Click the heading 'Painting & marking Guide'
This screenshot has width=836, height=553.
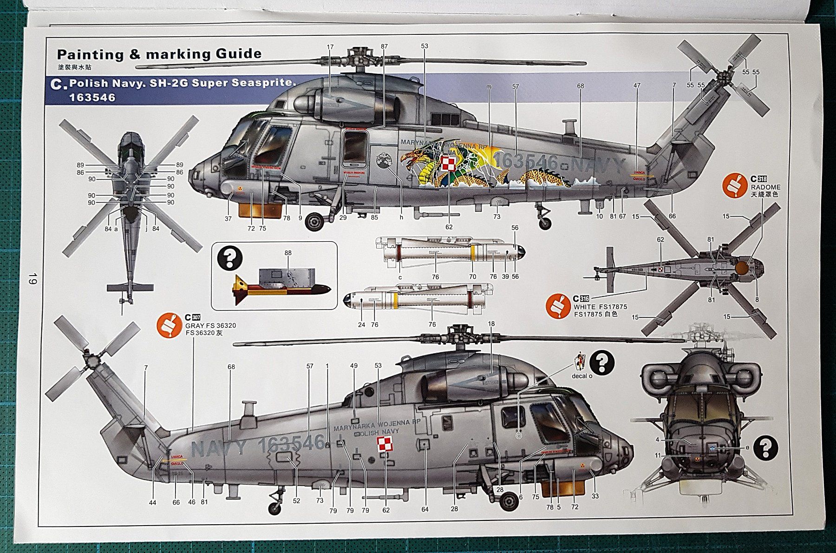tap(159, 54)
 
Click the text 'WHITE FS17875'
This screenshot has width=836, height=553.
tap(600, 307)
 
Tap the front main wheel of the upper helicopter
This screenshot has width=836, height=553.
tap(315, 221)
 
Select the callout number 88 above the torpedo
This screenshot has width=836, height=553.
tap(288, 253)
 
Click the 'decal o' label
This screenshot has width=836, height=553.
tap(581, 376)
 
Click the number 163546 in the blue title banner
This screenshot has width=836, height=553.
tap(92, 98)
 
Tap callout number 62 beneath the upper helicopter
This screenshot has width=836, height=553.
tap(449, 227)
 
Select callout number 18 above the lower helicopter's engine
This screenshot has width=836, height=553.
tap(491, 324)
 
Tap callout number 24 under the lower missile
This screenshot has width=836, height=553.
tap(361, 324)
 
